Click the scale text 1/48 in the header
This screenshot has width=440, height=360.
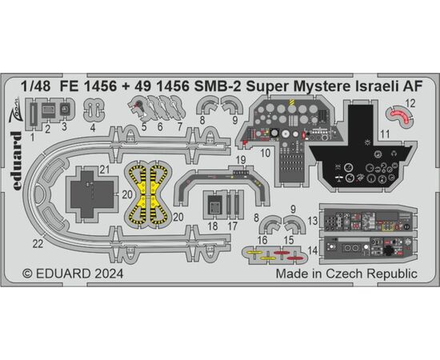click(35, 86)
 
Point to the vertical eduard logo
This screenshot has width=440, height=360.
click(16, 161)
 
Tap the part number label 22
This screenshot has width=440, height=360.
click(38, 243)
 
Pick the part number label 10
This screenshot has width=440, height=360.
click(265, 153)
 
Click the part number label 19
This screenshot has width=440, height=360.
click(241, 160)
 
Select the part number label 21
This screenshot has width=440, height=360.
click(104, 169)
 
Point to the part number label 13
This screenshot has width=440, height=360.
click(313, 221)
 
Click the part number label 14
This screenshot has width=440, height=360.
click(313, 250)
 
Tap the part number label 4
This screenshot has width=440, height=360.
click(93, 128)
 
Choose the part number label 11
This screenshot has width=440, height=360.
click(385, 134)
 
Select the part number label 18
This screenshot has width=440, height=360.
click(213, 226)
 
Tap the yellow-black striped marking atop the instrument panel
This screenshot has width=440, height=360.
click(291, 102)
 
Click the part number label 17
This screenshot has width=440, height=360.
click(232, 226)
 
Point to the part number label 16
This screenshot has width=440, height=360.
click(262, 240)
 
